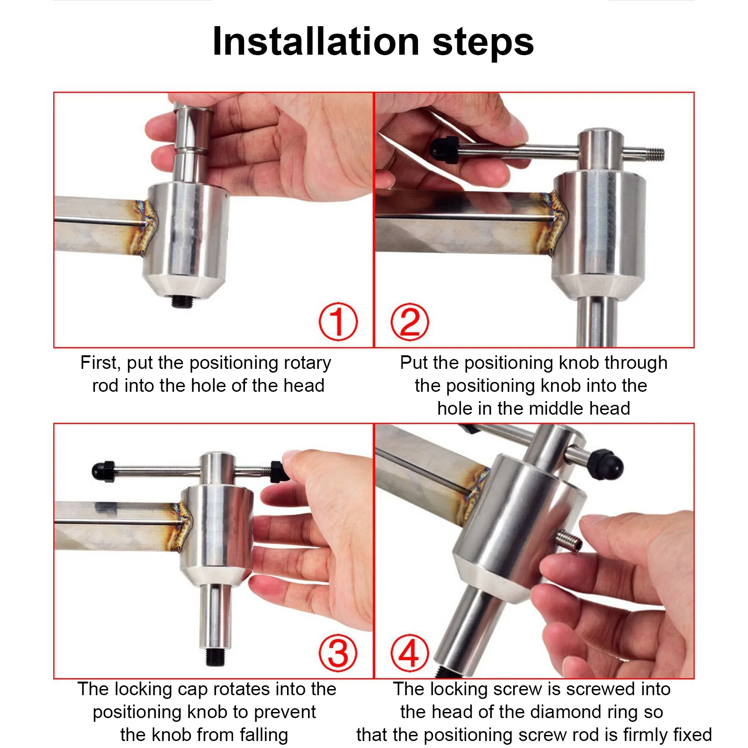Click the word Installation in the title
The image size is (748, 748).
click(x=316, y=42)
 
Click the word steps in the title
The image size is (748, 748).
click(x=483, y=43)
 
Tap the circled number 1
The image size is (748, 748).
click(x=338, y=322)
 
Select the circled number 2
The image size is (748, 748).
click(x=410, y=322)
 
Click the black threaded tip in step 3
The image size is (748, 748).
click(x=216, y=655)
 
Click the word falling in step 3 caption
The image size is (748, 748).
click(x=264, y=735)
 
